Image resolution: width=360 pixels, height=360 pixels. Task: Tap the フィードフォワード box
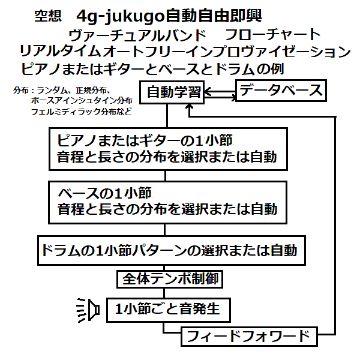coord(248,335)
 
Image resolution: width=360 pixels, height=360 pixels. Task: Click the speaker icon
coord(89,310)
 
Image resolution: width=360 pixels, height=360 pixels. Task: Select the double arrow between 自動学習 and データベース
coord(220,92)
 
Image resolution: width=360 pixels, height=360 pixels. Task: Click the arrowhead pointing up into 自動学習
coord(190,110)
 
